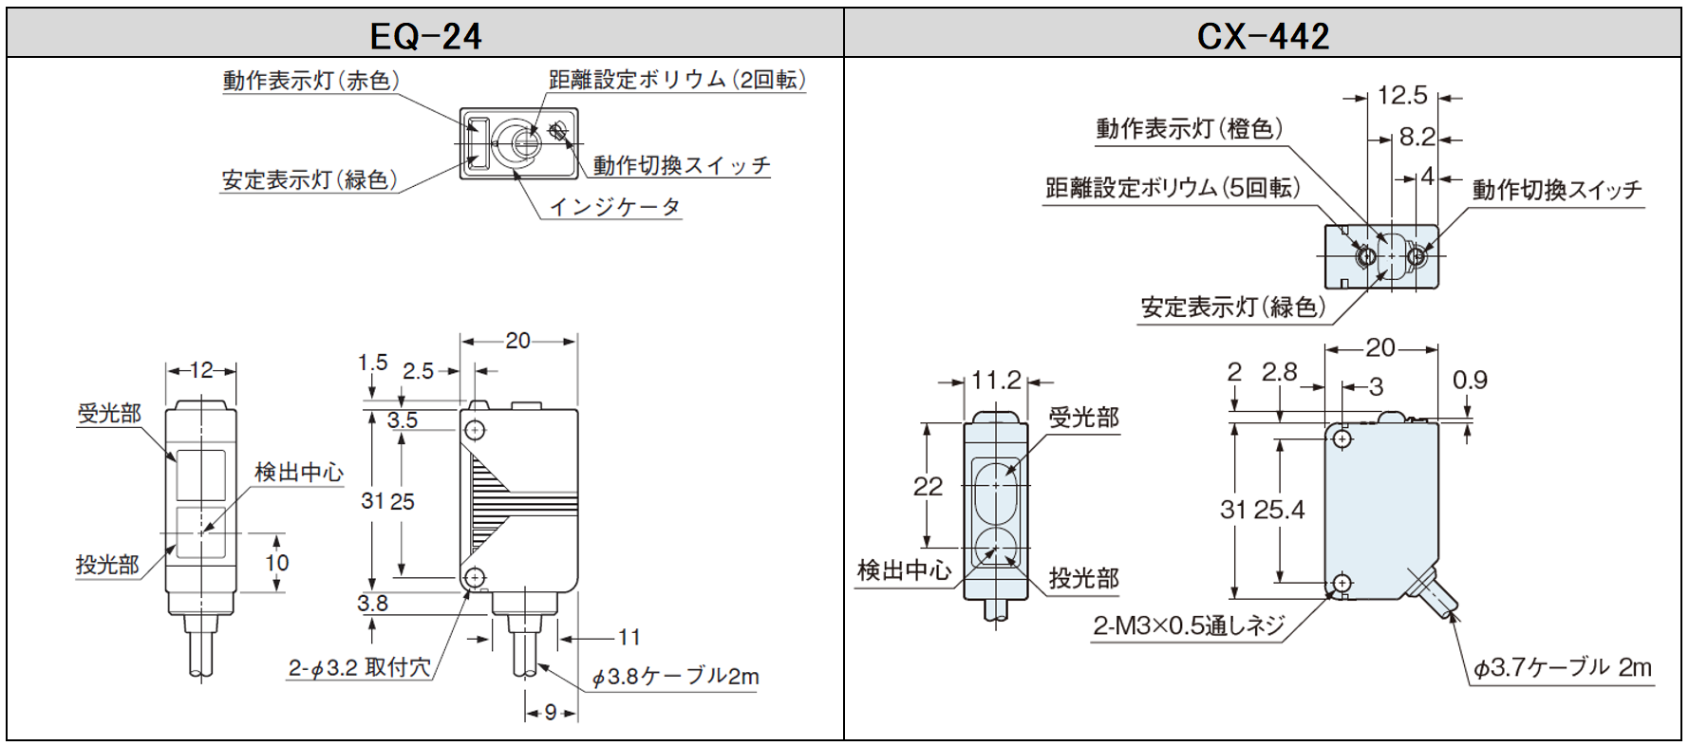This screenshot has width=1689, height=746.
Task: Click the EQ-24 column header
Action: click(425, 36)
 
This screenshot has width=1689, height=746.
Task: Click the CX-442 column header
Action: click(1262, 36)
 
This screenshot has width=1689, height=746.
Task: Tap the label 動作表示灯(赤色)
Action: click(310, 81)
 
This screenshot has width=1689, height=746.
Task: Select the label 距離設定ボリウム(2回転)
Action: click(676, 80)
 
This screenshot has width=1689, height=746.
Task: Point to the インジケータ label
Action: click(614, 206)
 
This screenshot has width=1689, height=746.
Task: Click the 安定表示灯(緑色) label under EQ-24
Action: click(309, 179)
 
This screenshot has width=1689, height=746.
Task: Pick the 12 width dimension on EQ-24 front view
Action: click(201, 370)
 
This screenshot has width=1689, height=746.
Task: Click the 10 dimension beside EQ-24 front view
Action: click(276, 563)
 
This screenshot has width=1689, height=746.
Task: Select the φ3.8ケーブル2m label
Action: click(675, 677)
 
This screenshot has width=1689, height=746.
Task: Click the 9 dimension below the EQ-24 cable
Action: click(551, 712)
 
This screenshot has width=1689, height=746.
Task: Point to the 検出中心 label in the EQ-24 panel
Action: click(298, 472)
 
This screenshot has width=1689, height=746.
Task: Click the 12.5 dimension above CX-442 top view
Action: click(1401, 96)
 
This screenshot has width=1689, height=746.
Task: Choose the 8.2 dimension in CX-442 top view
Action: click(1417, 138)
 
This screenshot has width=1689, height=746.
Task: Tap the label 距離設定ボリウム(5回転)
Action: click(1172, 188)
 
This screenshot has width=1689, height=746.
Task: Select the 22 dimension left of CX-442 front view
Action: click(928, 487)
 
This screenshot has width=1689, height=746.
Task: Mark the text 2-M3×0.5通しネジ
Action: click(1189, 625)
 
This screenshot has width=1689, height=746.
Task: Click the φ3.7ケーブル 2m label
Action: click(1561, 668)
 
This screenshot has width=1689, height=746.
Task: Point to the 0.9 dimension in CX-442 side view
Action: click(1470, 381)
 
